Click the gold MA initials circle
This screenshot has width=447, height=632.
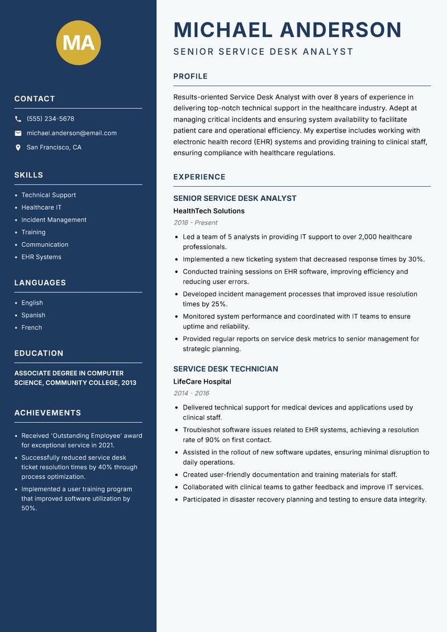(x=79, y=43)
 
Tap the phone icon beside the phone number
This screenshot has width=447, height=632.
(x=18, y=119)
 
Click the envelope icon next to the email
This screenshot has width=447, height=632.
(x=18, y=133)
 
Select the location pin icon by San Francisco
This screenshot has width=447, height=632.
(x=18, y=148)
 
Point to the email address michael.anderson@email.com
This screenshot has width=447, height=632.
(x=72, y=133)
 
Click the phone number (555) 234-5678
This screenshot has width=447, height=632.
(x=50, y=119)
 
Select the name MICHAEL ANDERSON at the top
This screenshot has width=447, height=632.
(x=288, y=30)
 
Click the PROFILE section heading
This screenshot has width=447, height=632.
(x=191, y=77)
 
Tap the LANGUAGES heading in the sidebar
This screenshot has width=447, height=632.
(x=40, y=283)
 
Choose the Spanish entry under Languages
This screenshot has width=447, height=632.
(x=34, y=315)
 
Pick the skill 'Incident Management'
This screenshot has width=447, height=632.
(x=54, y=220)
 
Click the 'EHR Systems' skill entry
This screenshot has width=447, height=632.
(x=41, y=257)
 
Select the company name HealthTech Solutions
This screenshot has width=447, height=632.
(x=209, y=211)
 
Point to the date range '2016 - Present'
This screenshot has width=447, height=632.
(x=195, y=223)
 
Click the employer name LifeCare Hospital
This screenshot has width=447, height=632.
(x=202, y=382)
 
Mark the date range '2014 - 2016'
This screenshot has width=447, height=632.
(x=191, y=393)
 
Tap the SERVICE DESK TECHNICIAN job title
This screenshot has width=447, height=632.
(x=226, y=369)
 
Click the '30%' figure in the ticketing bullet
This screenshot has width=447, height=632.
(x=416, y=260)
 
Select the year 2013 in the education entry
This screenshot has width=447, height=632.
(x=128, y=383)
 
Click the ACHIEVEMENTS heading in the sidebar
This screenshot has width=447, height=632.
(x=47, y=413)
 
